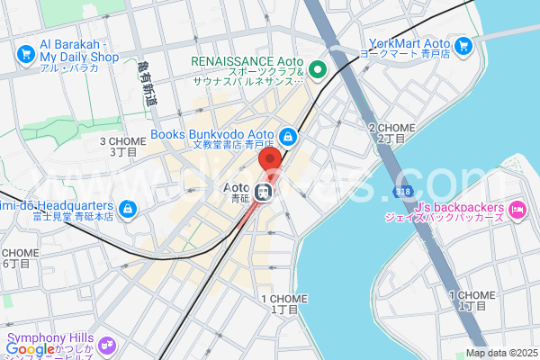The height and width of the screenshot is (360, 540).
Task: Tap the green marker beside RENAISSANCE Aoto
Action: pyautogui.click(x=317, y=68)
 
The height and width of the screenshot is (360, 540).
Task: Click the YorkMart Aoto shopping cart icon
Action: pyautogui.click(x=464, y=44)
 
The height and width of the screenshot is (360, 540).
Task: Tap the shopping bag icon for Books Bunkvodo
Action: pyautogui.click(x=287, y=137)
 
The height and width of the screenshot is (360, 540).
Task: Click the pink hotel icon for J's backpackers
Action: pyautogui.click(x=517, y=211)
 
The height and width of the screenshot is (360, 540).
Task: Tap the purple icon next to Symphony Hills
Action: pyautogui.click(x=108, y=344)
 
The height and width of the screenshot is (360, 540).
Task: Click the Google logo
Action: pyautogui.click(x=30, y=349)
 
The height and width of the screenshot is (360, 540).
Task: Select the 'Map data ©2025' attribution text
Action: pyautogui.click(x=500, y=353)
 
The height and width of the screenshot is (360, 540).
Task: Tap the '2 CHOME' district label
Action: pyautogui.click(x=391, y=132)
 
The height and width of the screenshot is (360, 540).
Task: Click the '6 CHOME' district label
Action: pyautogui.click(x=17, y=257)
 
